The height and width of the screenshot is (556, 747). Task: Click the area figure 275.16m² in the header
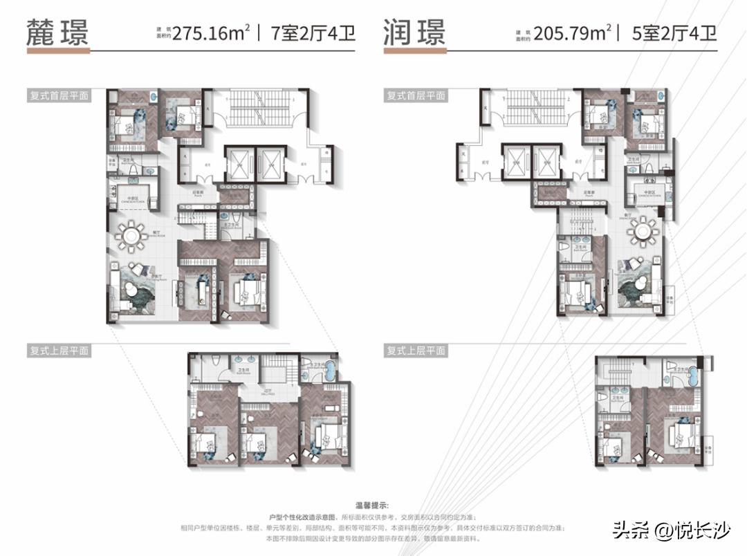(x=211, y=33)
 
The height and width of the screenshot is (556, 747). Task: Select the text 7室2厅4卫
(x=311, y=33)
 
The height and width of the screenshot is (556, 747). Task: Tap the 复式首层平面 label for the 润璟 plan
(x=415, y=96)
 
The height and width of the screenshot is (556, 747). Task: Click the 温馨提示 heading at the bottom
(x=373, y=504)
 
